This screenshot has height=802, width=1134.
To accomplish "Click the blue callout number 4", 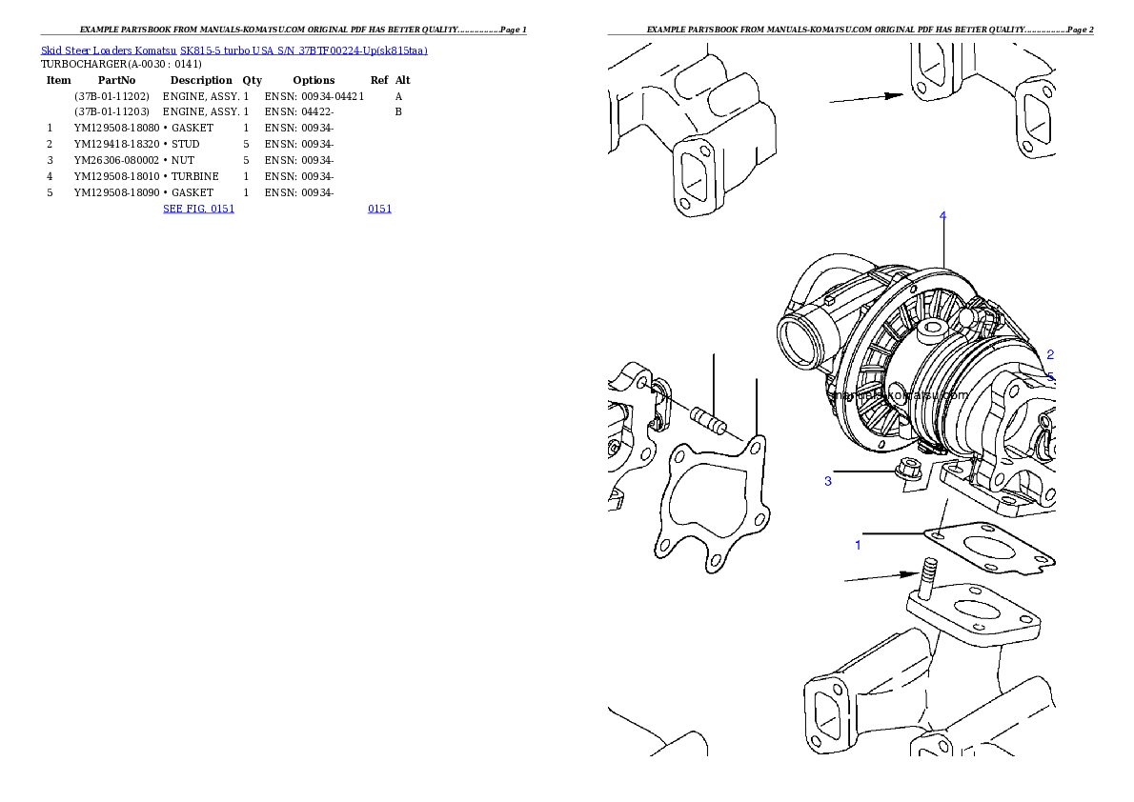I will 942,216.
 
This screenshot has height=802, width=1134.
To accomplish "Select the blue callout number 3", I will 828,481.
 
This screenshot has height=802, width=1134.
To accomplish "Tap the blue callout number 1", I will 858,546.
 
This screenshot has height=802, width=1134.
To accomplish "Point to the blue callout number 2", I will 1049,354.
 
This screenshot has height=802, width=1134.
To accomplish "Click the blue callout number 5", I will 1050,377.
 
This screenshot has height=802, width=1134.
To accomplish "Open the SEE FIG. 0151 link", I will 198,208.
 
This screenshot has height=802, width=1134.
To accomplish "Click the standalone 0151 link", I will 379,208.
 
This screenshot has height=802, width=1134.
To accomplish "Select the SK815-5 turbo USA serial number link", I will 303,50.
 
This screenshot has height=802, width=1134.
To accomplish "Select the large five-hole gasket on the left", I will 711,505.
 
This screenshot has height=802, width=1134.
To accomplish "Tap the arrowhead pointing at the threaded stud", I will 911,574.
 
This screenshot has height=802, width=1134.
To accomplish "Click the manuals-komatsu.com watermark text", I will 898,394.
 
